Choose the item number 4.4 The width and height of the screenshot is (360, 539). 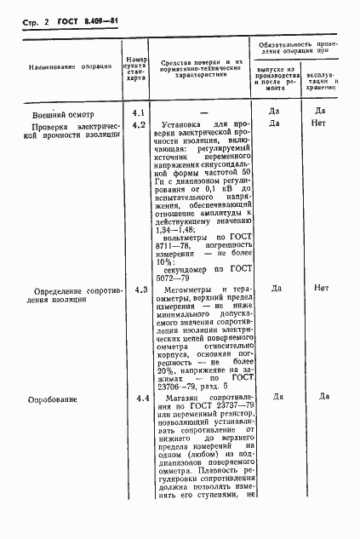click(139, 399)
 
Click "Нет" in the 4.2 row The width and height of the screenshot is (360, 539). click(321, 123)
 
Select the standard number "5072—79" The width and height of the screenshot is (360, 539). click(178, 277)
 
